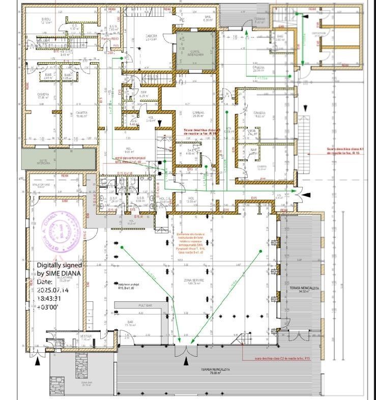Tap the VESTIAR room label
click(86, 336)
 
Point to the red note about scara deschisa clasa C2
click(282, 358)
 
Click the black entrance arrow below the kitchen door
click(37, 361)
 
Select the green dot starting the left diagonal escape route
click(122, 247)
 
